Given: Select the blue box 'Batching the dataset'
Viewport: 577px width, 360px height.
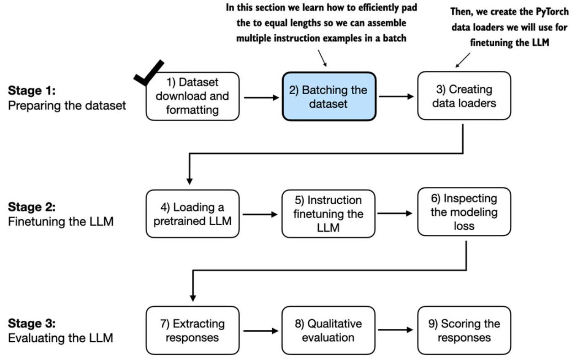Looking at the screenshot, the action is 329,96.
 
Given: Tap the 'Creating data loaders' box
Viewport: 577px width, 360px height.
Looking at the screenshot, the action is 464,96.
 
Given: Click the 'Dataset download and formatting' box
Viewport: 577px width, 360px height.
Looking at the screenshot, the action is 192,96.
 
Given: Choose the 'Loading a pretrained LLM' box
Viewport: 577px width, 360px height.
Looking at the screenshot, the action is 192,214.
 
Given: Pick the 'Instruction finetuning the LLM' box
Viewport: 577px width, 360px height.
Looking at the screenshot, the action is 328,214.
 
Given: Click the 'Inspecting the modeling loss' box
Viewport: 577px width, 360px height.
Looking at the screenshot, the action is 464,212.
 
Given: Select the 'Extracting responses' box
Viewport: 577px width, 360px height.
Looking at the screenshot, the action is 192,330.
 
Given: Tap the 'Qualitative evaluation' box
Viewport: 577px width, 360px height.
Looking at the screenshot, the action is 328,330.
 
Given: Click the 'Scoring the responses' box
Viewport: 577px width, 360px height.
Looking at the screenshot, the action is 464,330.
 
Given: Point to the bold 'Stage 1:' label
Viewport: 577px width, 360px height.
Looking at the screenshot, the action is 32,90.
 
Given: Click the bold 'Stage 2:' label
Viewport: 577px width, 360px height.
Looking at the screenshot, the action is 32,207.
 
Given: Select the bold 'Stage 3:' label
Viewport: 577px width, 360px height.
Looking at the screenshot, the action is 32,323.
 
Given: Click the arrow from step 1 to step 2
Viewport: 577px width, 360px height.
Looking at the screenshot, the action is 261,98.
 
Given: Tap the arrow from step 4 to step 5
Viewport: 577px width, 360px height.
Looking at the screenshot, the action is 260,214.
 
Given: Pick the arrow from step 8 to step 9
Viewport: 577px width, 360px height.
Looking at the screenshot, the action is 395,329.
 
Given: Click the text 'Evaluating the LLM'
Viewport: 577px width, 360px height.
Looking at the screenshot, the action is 61,338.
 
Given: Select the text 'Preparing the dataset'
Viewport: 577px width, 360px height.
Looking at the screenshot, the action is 67,106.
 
